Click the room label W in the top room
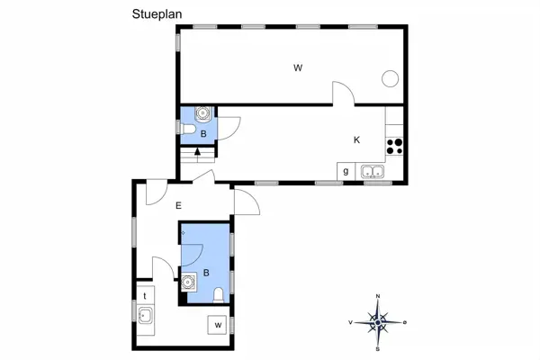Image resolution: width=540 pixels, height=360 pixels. click(296, 67)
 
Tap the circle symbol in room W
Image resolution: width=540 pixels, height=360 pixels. click(390, 78)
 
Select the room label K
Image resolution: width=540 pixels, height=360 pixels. click(356, 139)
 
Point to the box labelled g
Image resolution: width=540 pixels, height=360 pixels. click(346, 171)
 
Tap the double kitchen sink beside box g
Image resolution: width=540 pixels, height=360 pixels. click(372, 171)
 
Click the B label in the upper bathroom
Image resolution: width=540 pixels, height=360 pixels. click(203, 134)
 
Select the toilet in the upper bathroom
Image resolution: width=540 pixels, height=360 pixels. click(188, 132)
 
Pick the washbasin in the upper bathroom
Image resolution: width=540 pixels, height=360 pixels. click(203, 114)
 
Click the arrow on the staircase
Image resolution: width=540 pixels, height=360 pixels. click(197, 151)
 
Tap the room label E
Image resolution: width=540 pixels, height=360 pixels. click(178, 206)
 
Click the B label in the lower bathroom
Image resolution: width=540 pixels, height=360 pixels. click(206, 273)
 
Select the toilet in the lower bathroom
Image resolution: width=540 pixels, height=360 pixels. click(220, 294)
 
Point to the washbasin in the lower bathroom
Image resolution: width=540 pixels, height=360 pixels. click(188, 283)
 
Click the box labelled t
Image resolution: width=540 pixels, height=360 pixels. click(144, 294)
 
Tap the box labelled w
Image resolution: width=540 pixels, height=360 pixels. click(217, 324)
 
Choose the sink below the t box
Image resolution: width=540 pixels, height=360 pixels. click(144, 314)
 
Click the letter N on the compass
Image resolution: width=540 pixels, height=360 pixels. click(379, 297)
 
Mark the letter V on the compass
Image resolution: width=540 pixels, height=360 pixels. click(350, 320)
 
